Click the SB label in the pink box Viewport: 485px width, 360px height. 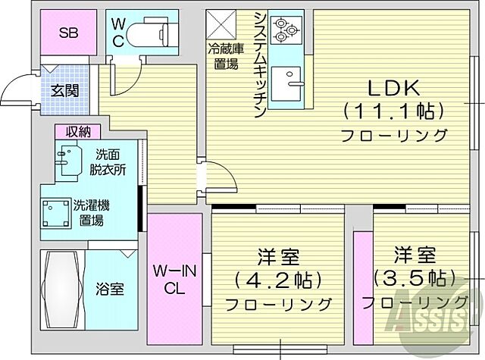[x=67, y=33]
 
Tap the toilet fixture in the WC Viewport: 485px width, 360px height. [x=147, y=34]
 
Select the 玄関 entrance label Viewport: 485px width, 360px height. [x=64, y=89]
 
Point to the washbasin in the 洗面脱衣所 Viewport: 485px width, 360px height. [x=67, y=161]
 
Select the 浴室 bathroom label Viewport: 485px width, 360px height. [x=110, y=289]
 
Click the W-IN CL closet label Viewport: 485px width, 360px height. [x=174, y=279]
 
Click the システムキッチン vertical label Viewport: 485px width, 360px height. [x=259, y=64]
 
